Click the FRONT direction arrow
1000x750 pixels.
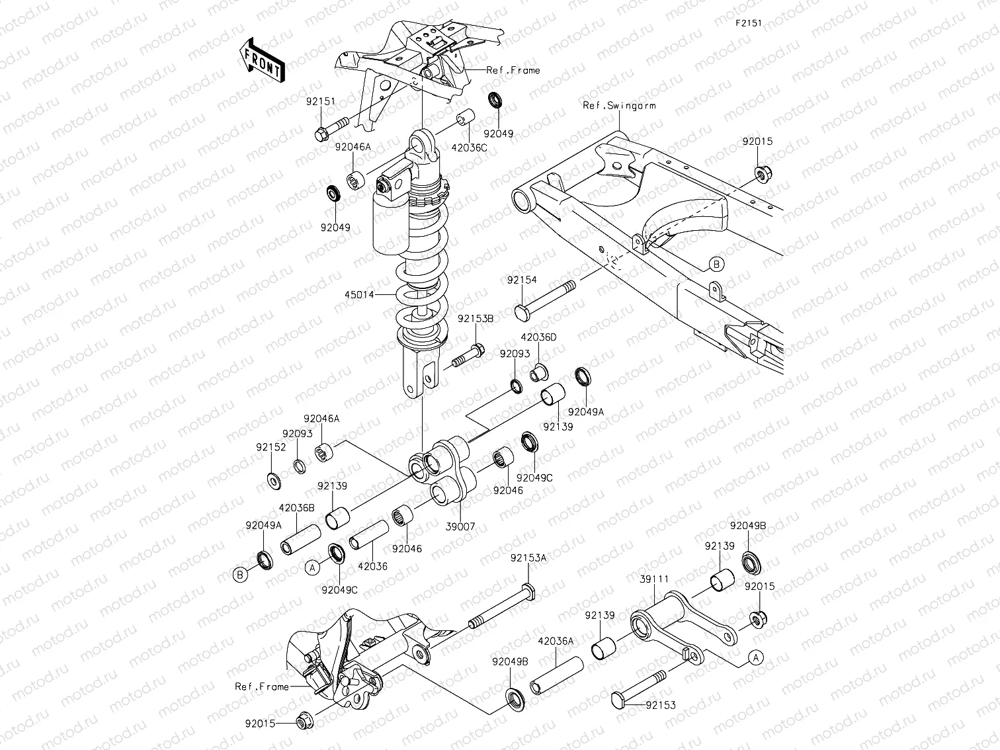(x=262, y=60)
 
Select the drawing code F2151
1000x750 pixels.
(x=749, y=22)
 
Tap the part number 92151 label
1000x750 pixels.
(x=321, y=101)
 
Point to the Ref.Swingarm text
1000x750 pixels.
(x=619, y=105)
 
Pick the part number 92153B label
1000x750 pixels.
(x=476, y=318)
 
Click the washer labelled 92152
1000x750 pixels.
(x=273, y=479)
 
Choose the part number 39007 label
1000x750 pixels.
(x=460, y=526)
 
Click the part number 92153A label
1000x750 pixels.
(x=528, y=558)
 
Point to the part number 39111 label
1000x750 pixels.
(x=654, y=579)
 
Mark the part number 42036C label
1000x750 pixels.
(x=470, y=148)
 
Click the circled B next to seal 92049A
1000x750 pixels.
(x=241, y=575)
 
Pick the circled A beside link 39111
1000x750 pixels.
(x=755, y=657)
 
